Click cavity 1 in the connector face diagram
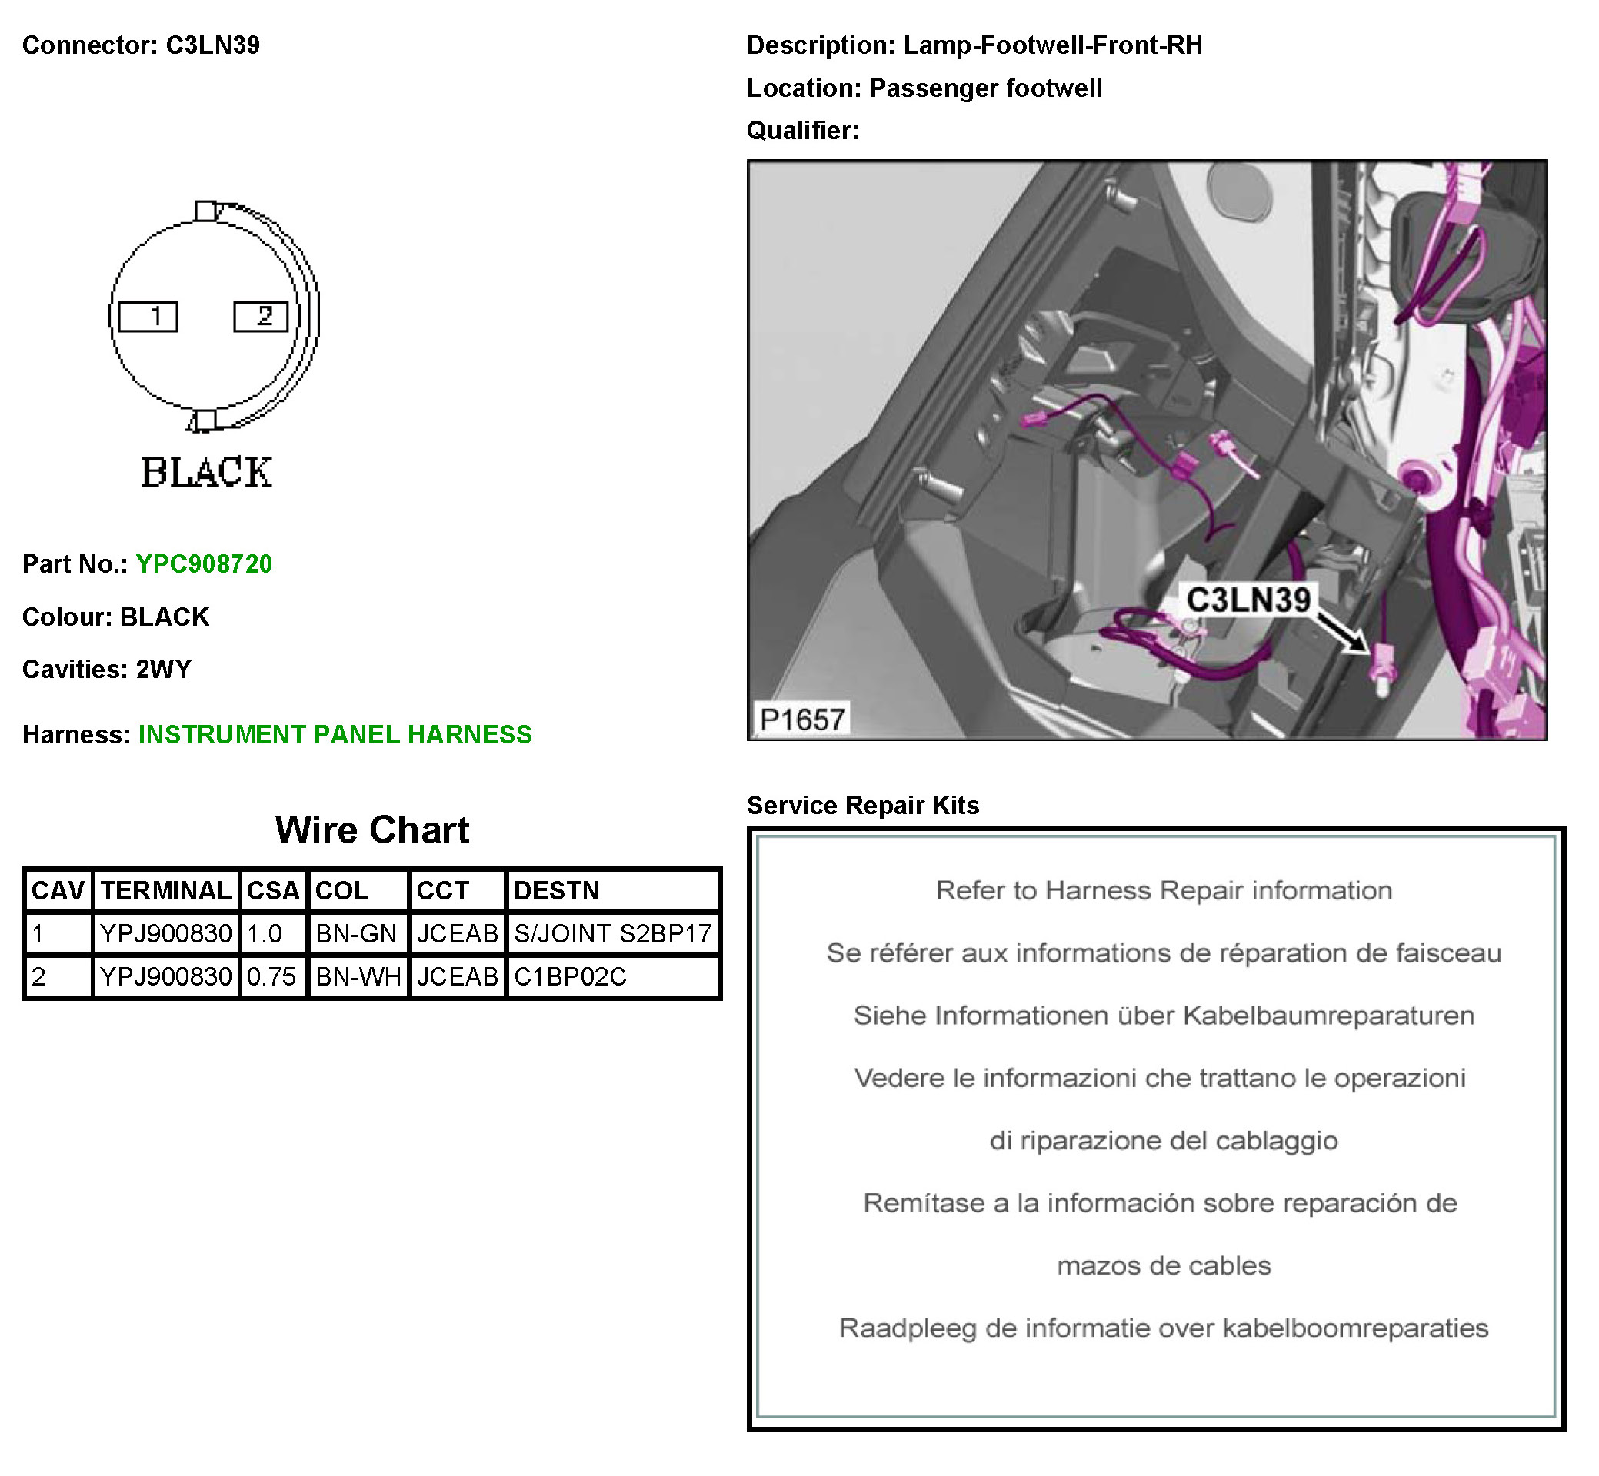pos(148,316)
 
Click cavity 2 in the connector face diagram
pos(261,316)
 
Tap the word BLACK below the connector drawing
pos(207,472)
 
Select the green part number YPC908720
pos(204,564)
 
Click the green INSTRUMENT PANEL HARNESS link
pos(335,734)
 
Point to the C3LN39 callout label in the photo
pos(1248,599)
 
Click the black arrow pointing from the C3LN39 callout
pos(1342,633)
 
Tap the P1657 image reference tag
pos(801,720)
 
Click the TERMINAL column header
pos(166,890)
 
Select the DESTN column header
pos(556,890)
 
